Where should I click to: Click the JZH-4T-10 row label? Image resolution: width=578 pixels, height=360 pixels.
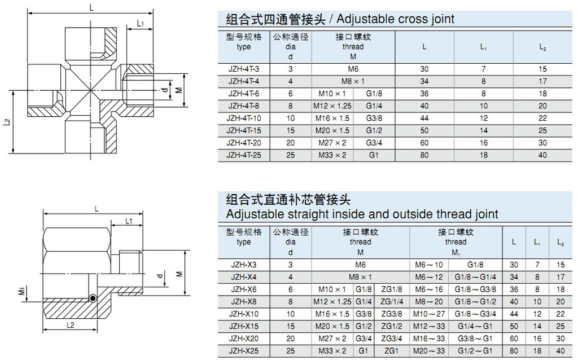244,118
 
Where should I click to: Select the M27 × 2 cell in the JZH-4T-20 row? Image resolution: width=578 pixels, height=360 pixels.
332,143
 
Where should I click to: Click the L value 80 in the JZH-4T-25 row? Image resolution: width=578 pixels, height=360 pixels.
424,155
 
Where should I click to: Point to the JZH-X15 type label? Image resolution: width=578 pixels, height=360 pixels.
244,326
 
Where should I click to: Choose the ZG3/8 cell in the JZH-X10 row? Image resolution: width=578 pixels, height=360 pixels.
391,314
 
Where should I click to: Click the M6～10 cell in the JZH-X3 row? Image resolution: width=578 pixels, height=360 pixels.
432,265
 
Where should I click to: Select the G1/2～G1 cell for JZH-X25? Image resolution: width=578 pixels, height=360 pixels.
475,351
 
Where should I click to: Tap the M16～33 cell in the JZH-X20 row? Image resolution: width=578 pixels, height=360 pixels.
432,339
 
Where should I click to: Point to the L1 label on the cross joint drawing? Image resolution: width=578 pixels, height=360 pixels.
141,23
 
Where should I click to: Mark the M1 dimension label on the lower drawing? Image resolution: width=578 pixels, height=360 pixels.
21,291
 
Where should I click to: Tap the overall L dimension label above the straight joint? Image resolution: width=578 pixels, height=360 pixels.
97,208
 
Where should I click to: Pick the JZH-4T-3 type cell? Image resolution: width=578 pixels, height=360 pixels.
244,69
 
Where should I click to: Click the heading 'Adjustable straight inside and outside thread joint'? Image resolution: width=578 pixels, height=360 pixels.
362,214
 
